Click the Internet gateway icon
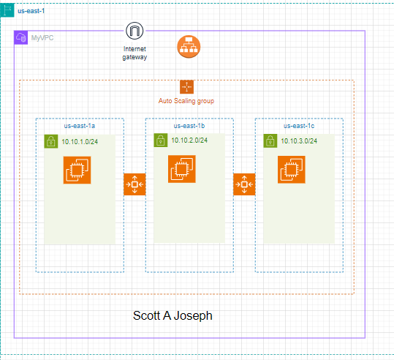coord(135,31)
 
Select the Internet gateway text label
coord(135,53)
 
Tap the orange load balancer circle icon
coord(188,48)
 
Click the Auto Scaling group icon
coord(186,87)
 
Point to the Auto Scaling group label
coord(186,100)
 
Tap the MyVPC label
coord(42,37)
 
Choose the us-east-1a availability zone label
coord(80,125)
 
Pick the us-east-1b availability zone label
coord(189,125)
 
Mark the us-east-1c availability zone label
coord(299,125)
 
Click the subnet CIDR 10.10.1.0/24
coord(79,142)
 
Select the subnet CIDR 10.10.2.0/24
coord(189,140)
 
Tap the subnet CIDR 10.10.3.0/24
coord(299,140)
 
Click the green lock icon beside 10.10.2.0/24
coord(160,140)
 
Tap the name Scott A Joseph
coord(173,316)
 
